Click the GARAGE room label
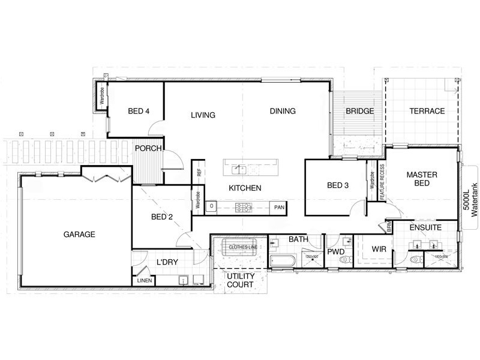click(79, 235)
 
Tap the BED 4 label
click(139, 111)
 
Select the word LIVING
click(203, 115)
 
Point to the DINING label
click(283, 111)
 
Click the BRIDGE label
click(360, 111)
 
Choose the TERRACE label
click(427, 111)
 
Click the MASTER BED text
click(422, 179)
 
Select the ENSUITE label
click(425, 228)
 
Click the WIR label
click(378, 248)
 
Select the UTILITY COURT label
click(241, 280)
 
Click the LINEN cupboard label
click(145, 280)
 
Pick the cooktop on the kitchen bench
click(244, 207)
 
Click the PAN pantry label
click(279, 207)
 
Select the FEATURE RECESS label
click(381, 181)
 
